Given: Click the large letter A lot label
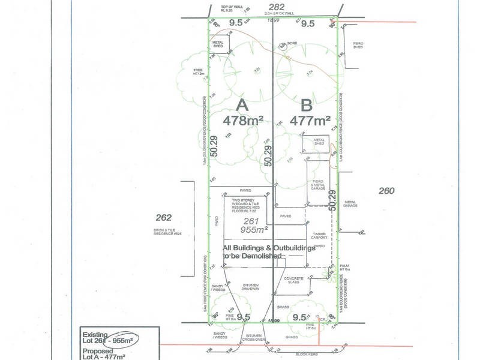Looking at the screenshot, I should (x=242, y=105).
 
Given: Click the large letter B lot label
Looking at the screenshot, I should (x=307, y=105).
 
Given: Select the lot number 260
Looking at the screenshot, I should (x=386, y=191).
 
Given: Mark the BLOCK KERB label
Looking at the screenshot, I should (x=307, y=354).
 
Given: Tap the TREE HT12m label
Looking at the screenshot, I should (x=199, y=72).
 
